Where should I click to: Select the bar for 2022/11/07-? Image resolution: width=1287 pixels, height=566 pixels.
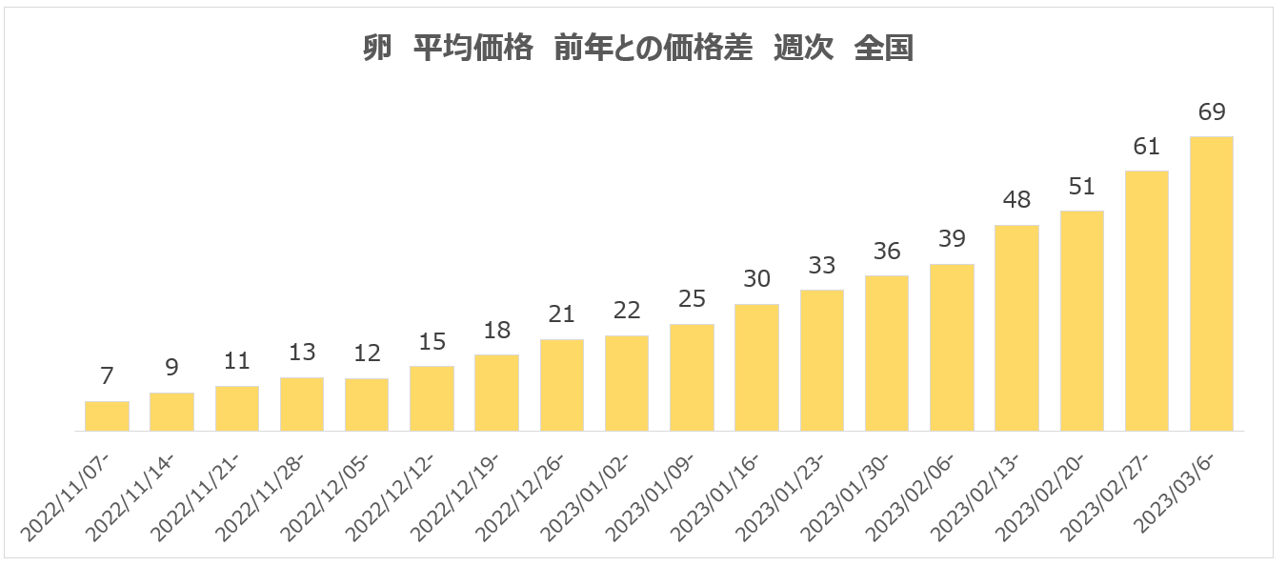coord(107,416)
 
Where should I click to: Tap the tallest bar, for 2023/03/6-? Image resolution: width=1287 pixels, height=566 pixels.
coord(1212,284)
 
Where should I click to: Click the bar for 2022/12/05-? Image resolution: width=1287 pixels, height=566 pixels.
coord(367,405)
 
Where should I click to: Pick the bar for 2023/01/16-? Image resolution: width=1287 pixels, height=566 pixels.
coord(756,368)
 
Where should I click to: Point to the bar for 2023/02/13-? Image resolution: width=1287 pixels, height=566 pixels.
coord(1016,329)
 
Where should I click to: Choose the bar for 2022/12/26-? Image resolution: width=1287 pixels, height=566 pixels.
coord(561,385)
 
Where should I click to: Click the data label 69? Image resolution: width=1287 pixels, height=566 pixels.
coord(1212,112)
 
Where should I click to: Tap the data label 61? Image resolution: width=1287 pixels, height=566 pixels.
coord(1147,147)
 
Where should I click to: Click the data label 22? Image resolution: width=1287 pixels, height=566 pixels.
coord(627,312)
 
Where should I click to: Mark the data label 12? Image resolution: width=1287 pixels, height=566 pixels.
coord(367,354)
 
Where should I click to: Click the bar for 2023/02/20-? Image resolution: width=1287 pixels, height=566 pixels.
coord(1081,321)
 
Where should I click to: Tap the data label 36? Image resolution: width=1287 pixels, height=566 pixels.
coord(887,252)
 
